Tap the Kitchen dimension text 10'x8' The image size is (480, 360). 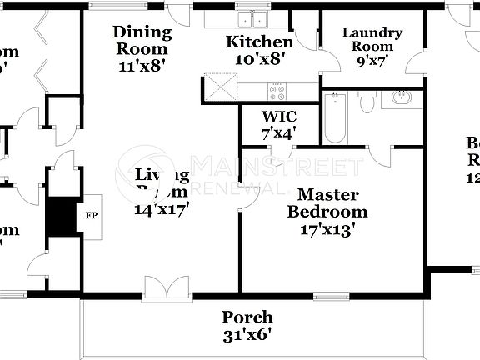point(260,58)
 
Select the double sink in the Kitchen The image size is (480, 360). point(252,19)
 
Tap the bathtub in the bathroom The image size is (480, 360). point(336,118)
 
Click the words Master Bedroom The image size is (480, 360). point(327,203)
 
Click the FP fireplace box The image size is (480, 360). point(90,216)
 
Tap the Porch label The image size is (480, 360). point(247,317)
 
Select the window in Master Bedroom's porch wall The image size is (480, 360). point(331,296)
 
